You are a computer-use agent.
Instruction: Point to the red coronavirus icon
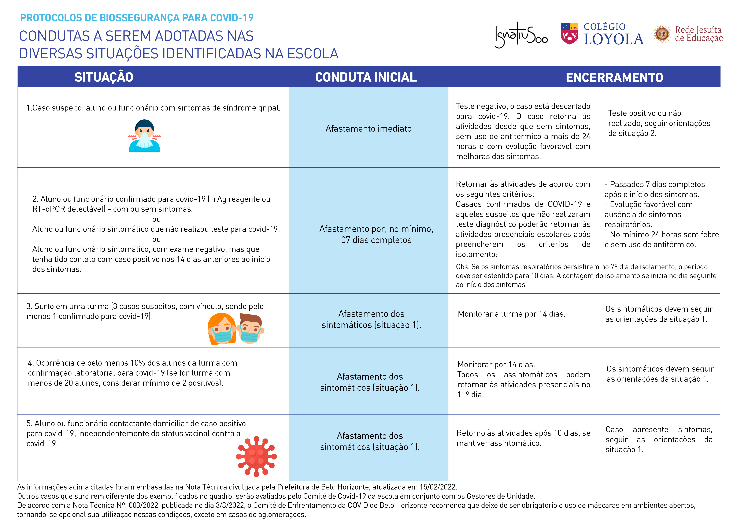coord(256,456)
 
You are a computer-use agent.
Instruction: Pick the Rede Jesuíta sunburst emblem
coord(662,34)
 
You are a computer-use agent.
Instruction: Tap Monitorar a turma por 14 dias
coord(511,314)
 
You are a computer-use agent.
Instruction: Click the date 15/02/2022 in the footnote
coord(438,487)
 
